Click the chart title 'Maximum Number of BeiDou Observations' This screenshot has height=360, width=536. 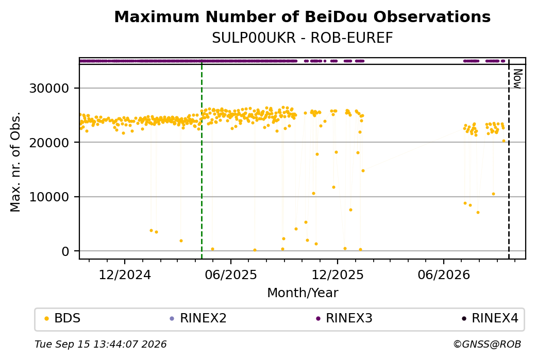(x=302, y=16)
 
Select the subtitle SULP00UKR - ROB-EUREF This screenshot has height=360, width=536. (x=302, y=38)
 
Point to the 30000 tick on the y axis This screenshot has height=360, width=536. (x=49, y=89)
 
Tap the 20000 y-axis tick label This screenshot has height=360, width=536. (x=49, y=143)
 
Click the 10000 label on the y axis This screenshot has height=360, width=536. (x=49, y=197)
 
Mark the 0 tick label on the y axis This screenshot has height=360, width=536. (x=65, y=251)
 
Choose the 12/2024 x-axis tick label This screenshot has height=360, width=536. (x=125, y=275)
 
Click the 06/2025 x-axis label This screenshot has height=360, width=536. (x=231, y=275)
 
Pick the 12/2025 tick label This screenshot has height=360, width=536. (x=338, y=275)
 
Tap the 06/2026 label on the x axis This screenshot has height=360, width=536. (x=444, y=275)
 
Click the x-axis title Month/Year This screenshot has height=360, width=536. (x=303, y=293)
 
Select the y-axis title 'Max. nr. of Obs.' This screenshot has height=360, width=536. (x=15, y=162)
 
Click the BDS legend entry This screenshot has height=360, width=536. (x=62, y=318)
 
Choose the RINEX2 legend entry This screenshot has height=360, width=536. (x=198, y=318)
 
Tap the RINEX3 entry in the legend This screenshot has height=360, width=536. (x=344, y=318)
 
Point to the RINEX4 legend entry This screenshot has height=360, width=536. (x=490, y=318)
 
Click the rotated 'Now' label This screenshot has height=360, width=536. (x=517, y=79)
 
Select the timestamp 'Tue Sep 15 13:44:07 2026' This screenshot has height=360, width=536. (x=100, y=344)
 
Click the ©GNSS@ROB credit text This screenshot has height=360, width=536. (x=487, y=344)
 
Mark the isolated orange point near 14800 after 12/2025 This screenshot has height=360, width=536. (x=363, y=171)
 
